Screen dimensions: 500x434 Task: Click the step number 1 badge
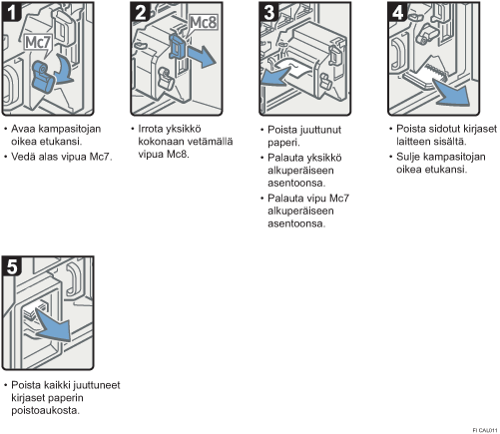12,12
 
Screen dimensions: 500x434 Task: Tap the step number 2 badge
140,12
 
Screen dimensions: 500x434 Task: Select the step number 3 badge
268,12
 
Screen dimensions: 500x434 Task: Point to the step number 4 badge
397,12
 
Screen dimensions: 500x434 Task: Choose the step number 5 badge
12,266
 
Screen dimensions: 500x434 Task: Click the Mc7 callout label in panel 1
38,43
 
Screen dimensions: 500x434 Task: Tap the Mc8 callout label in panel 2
203,23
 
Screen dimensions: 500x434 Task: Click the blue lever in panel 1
43,76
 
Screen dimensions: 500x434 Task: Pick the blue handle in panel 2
178,47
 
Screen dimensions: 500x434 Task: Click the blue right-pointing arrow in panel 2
202,56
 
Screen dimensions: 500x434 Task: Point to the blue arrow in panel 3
275,76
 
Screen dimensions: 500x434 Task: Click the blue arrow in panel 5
53,325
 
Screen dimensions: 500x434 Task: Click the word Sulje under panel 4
408,157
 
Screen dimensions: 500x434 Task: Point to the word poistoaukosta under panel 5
45,410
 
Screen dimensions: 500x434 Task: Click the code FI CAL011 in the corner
485,430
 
